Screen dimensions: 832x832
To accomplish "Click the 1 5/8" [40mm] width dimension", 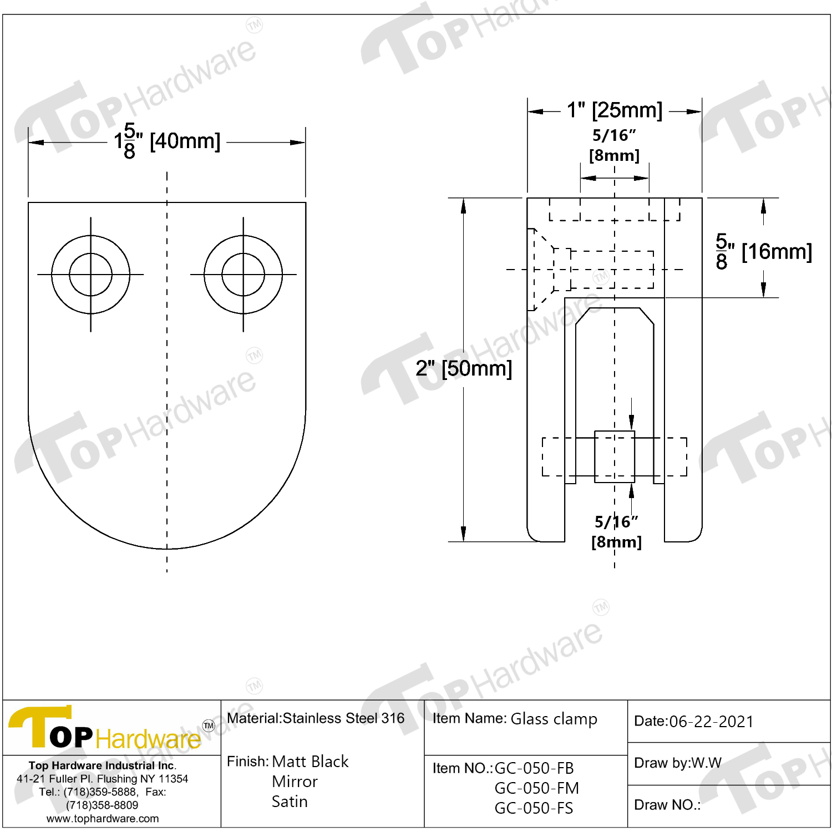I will point(167,141).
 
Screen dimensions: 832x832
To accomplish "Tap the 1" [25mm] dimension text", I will point(614,110).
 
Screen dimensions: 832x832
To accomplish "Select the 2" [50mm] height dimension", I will point(464,368).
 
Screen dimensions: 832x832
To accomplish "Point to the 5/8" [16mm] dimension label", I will point(763,252).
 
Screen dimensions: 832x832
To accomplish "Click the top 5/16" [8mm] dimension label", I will point(614,145).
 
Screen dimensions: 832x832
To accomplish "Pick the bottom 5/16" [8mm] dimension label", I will point(616,531).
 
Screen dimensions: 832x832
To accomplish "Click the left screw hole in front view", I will point(90,275).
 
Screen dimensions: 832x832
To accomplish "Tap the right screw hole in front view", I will point(243,275).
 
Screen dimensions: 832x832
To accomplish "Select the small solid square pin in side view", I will point(614,456).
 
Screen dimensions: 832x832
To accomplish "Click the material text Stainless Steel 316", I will point(343,718).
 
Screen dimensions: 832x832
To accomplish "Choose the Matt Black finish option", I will point(310,762).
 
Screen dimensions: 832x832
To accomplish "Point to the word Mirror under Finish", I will point(295,782).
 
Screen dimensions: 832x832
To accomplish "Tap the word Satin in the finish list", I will point(290,801).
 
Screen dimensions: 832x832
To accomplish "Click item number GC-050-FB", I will point(534,768).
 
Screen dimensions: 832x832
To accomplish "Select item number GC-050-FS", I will point(534,808).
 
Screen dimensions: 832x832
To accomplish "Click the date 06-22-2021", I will point(711,722).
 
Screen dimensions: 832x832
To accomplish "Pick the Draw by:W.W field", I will point(677,763).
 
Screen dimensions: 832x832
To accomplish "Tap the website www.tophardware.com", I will point(103,819).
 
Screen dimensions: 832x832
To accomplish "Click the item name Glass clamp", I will point(554,719).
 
